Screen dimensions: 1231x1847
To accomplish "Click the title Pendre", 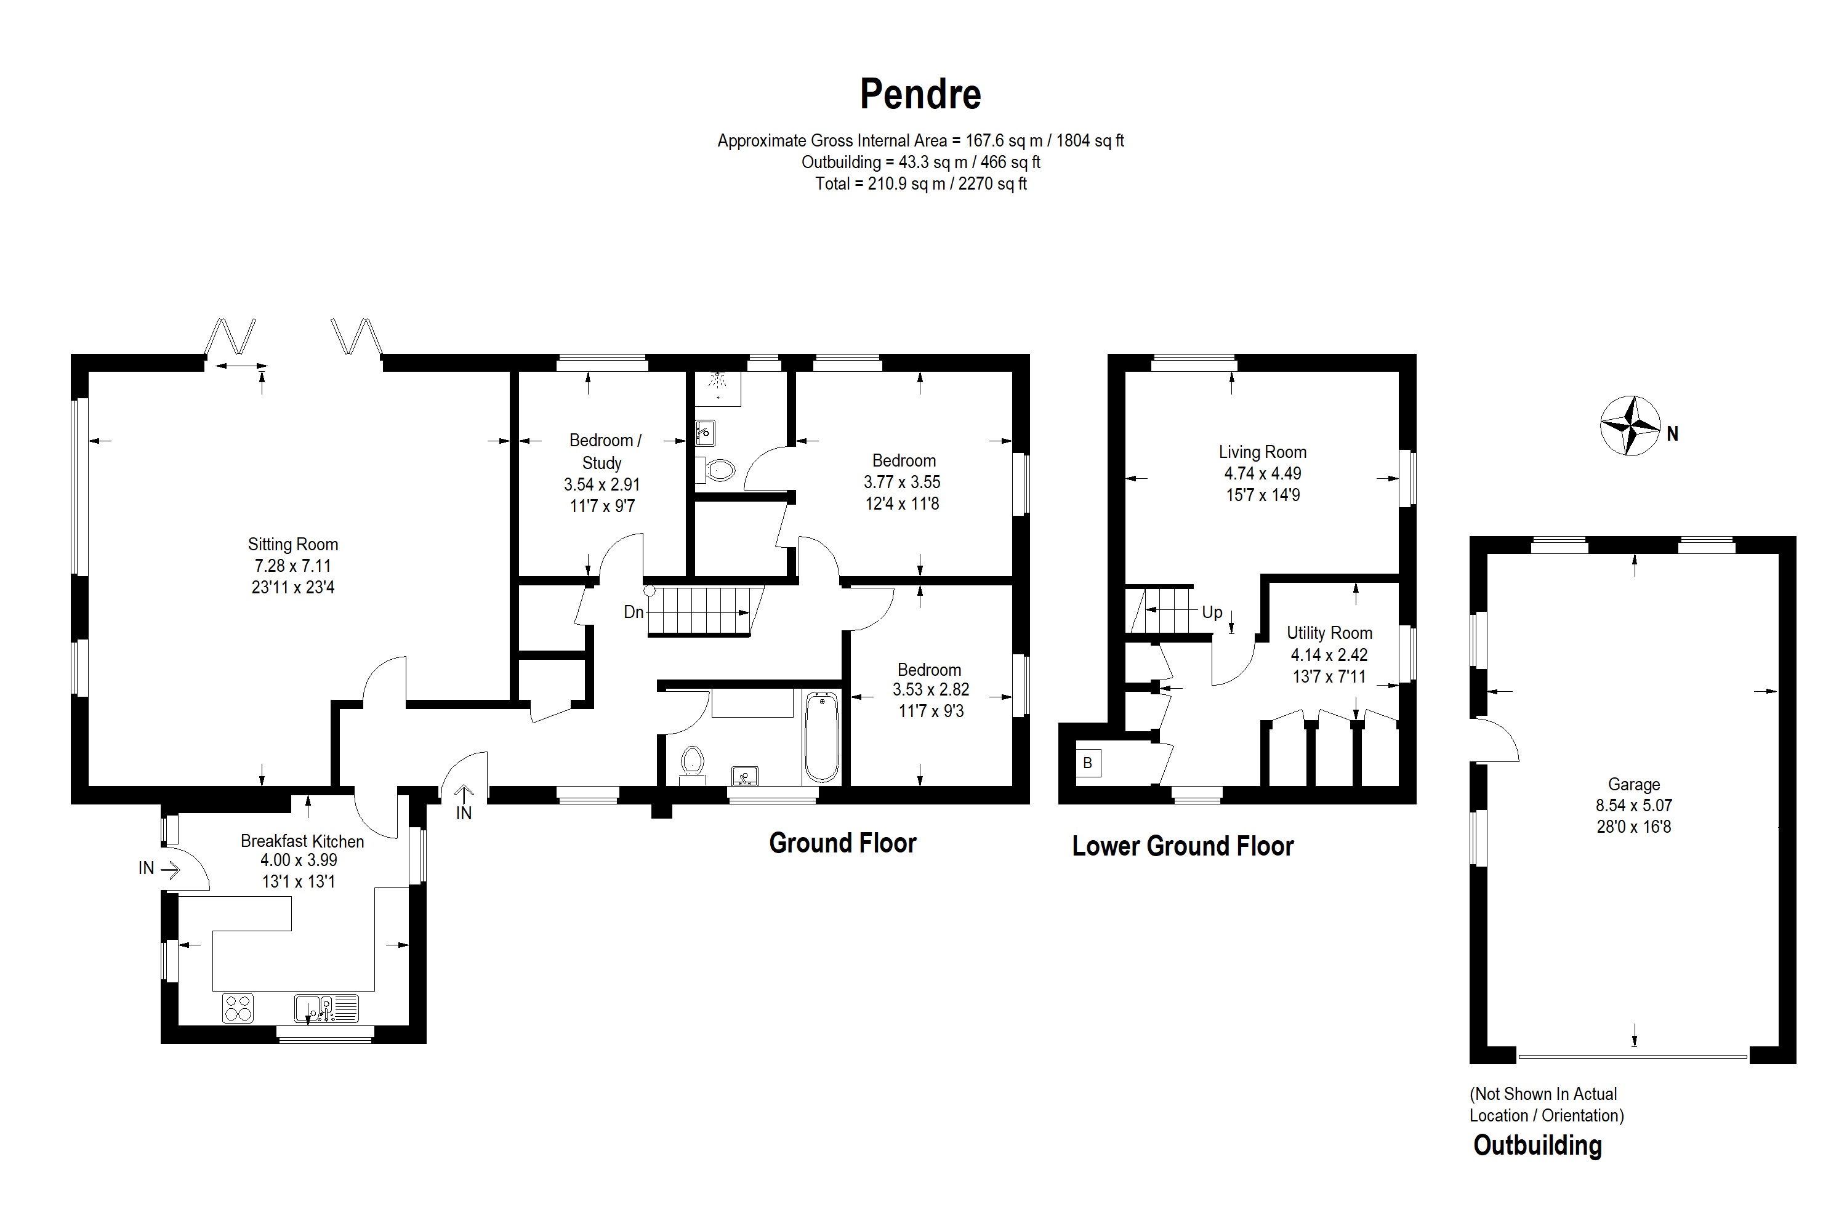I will [x=920, y=94].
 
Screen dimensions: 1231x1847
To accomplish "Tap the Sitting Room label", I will [x=293, y=544].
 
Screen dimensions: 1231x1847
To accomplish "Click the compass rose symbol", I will [x=1630, y=425].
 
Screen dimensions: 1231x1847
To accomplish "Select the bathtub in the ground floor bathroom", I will [x=821, y=736].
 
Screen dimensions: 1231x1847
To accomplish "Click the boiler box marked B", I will [x=1088, y=763].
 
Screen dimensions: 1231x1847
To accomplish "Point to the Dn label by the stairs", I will [x=633, y=612].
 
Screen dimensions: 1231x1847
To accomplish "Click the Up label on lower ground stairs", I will [x=1212, y=612].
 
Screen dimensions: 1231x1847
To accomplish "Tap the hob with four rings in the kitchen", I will [x=238, y=1008].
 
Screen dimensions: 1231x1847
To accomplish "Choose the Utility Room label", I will [x=1329, y=633].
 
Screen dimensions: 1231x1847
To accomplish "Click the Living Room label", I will [x=1262, y=452].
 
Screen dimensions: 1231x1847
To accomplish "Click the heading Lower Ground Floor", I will [x=1182, y=846].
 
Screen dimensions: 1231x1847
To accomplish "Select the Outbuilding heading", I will [x=1537, y=1145].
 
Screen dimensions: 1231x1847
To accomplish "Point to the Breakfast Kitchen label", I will [x=302, y=841].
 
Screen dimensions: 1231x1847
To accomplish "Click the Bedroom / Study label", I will [x=604, y=451].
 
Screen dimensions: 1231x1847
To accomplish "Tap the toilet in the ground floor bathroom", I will [x=692, y=761].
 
